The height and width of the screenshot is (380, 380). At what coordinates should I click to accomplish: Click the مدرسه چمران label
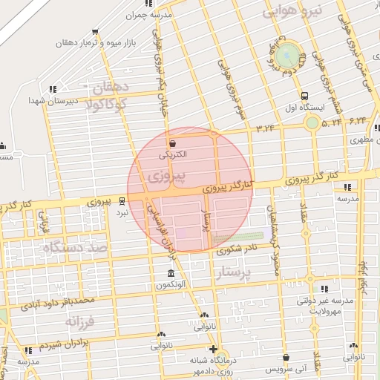tap(154, 15)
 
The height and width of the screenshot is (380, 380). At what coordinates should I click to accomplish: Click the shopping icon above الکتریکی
tap(173, 143)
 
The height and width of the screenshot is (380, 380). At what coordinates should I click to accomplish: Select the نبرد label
tap(121, 212)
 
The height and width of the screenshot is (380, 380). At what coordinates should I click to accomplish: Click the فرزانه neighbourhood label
tap(82, 321)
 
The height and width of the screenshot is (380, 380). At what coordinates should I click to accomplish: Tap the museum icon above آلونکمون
tap(171, 274)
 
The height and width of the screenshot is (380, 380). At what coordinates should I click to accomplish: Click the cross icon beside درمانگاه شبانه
tap(213, 349)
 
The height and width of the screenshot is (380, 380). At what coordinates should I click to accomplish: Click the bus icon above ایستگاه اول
tap(304, 95)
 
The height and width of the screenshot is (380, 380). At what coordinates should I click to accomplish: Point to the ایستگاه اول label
tap(304, 107)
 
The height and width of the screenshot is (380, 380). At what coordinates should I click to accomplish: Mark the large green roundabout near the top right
tap(288, 55)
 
